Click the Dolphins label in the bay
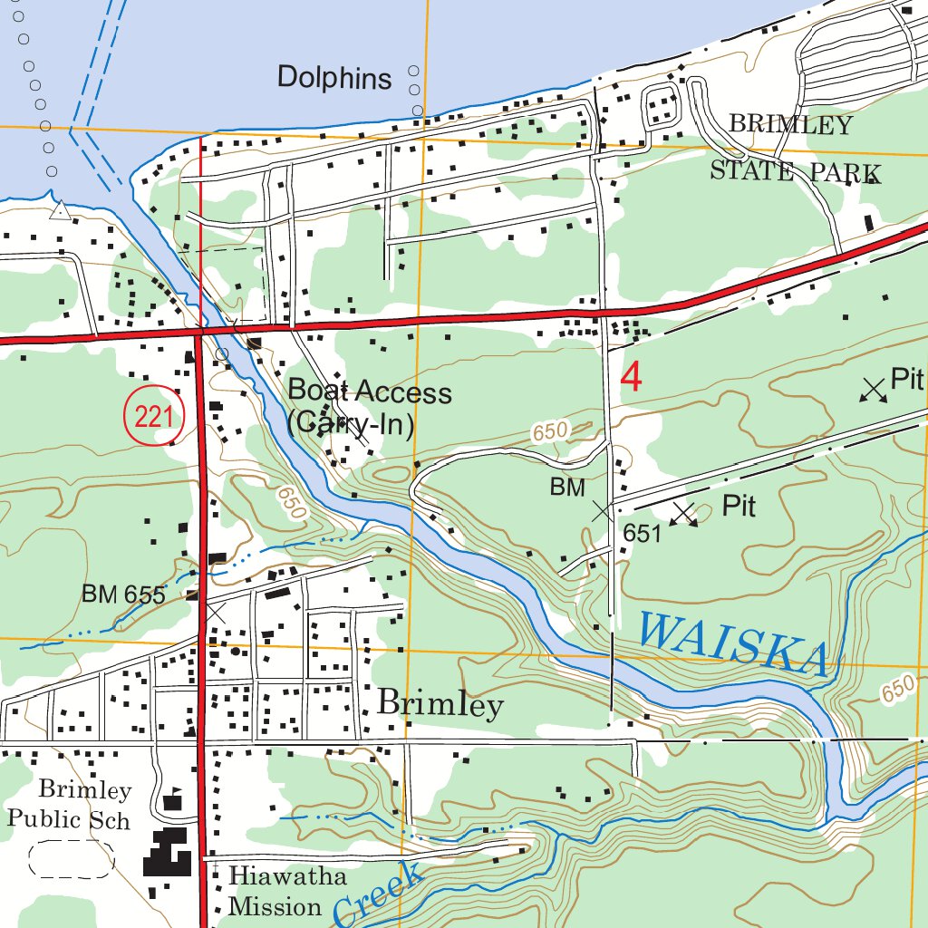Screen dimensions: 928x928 334,78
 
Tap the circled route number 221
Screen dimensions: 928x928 154,417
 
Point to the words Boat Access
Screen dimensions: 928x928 370,392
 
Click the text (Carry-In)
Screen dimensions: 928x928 350,424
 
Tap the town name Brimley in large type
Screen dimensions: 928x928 440,704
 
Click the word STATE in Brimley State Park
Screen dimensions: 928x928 752,171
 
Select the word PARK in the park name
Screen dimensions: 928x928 845,173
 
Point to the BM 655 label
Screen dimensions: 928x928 123,595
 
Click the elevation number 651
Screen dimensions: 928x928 643,533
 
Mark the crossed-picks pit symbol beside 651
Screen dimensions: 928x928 684,514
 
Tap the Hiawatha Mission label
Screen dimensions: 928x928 275,892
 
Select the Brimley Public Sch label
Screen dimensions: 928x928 71,805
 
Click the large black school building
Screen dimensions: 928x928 168,851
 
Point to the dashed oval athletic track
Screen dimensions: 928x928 72,860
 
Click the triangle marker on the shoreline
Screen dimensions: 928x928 60,212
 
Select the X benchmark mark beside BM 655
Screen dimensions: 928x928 215,613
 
